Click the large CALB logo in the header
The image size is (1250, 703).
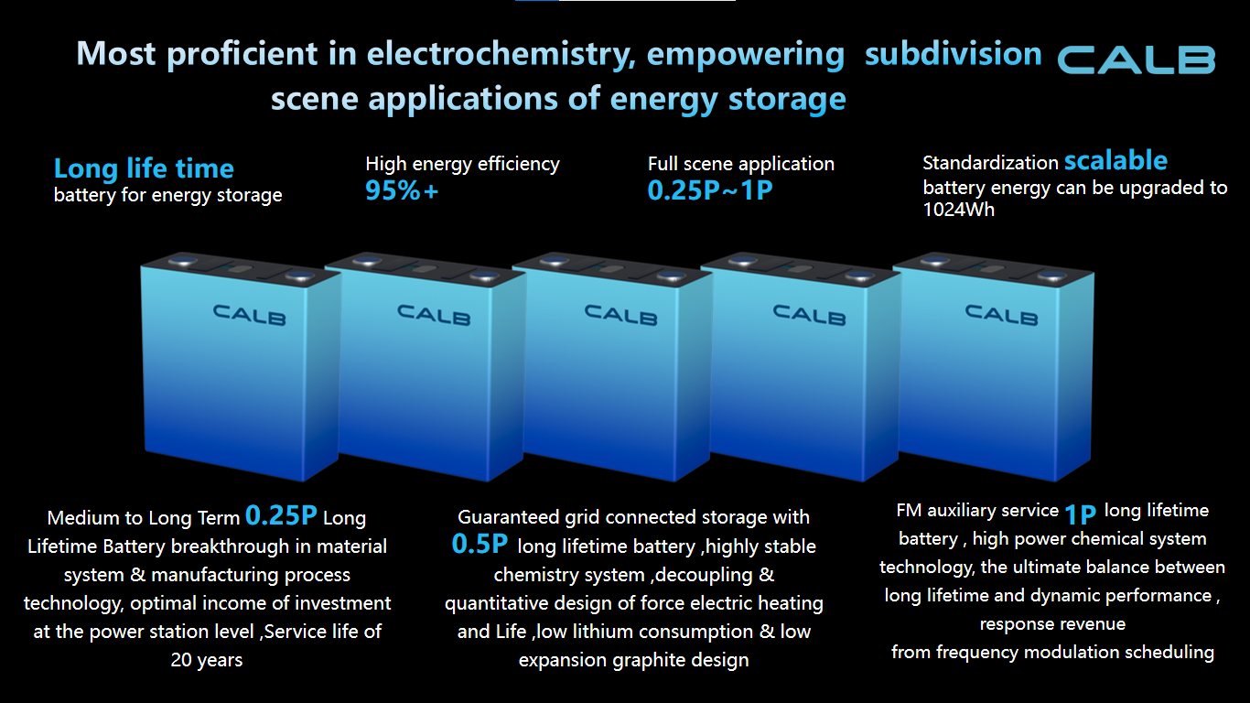click(1137, 59)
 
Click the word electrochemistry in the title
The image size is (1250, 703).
click(501, 54)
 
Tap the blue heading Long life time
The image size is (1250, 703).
click(144, 168)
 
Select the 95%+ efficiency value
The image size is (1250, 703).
click(402, 190)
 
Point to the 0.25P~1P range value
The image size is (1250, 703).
click(710, 190)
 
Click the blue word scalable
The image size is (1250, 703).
click(1115, 161)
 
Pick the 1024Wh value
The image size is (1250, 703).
click(958, 210)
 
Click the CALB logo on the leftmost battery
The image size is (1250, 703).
click(249, 314)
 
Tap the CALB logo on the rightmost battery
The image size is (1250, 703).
click(1001, 314)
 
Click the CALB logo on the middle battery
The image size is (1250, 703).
click(620, 314)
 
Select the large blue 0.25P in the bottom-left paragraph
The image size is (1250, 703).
click(281, 515)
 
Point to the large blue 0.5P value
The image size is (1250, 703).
click(480, 544)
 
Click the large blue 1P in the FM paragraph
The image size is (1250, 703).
click(1080, 514)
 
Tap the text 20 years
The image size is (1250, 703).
click(207, 660)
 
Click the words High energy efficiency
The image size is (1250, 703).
click(462, 164)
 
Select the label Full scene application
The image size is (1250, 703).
click(741, 164)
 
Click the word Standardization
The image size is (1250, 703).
click(990, 163)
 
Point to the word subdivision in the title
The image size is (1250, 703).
click(954, 54)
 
